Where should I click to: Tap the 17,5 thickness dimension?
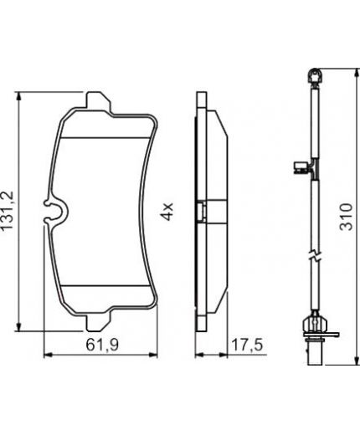coord(243,342)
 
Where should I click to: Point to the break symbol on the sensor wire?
coord(311,254)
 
